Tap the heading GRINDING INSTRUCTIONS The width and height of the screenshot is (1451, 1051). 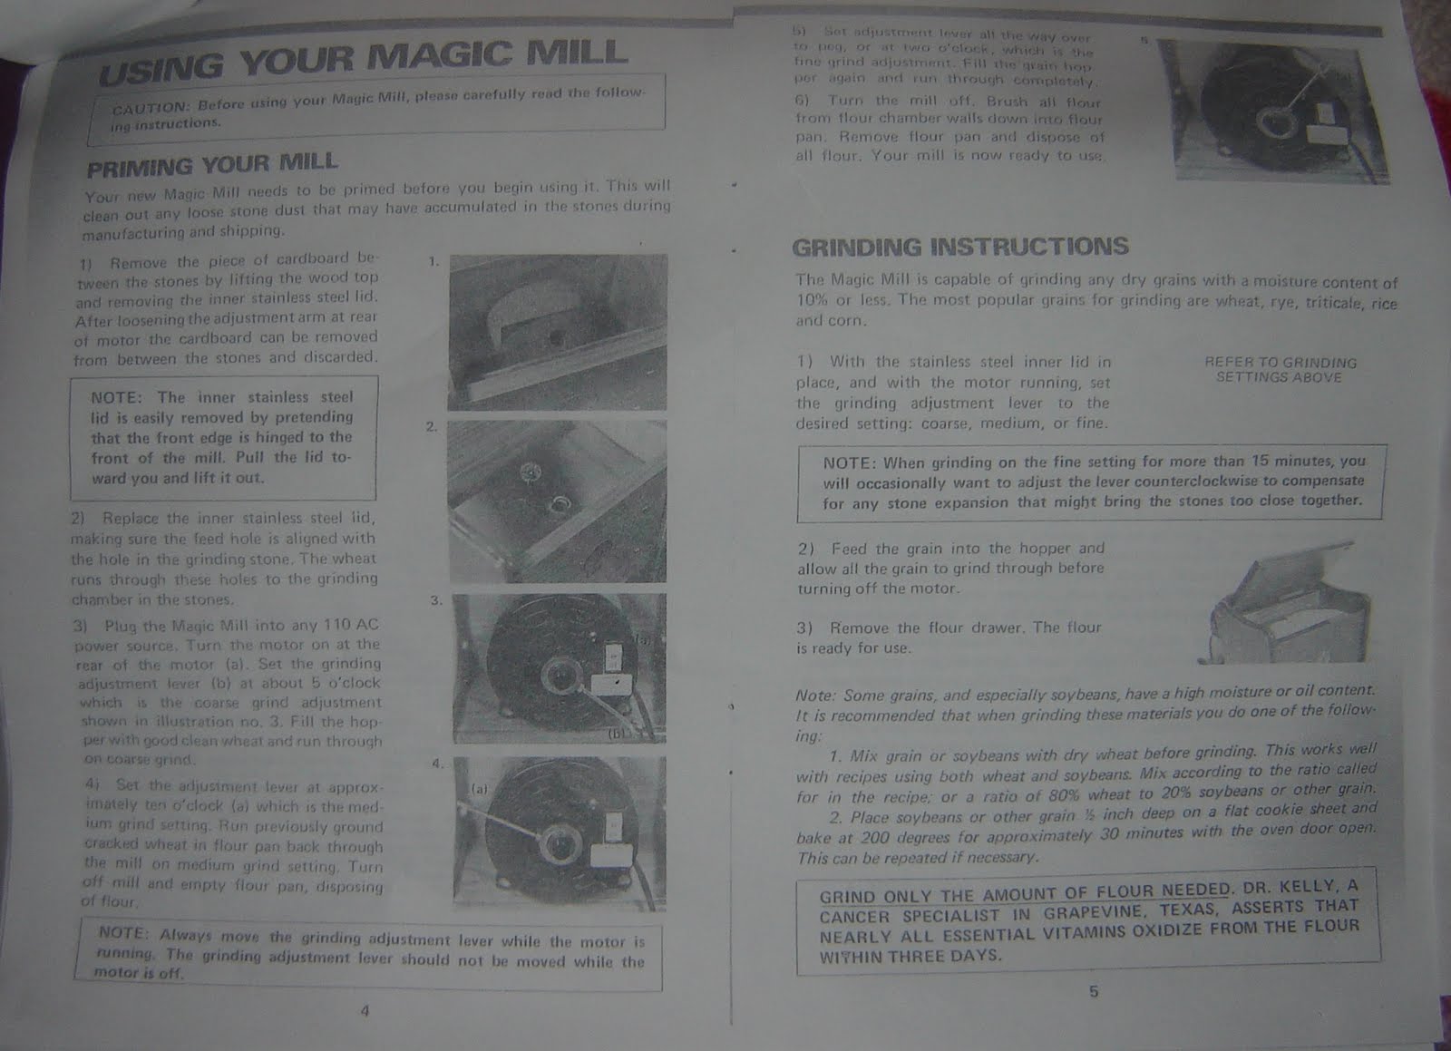(x=959, y=247)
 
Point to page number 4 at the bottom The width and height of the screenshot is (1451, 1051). (x=365, y=1011)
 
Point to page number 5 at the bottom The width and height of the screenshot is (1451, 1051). (x=1093, y=991)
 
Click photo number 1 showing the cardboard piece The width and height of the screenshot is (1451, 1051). (x=557, y=331)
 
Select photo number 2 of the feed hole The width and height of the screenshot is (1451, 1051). (x=557, y=501)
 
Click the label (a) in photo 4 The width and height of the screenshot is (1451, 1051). (x=480, y=789)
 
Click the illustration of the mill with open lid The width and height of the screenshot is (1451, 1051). (x=1290, y=609)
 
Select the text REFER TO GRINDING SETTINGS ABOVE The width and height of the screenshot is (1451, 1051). (x=1280, y=369)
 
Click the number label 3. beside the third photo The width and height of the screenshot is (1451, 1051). (x=435, y=600)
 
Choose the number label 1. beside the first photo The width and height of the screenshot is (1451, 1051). (x=433, y=262)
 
